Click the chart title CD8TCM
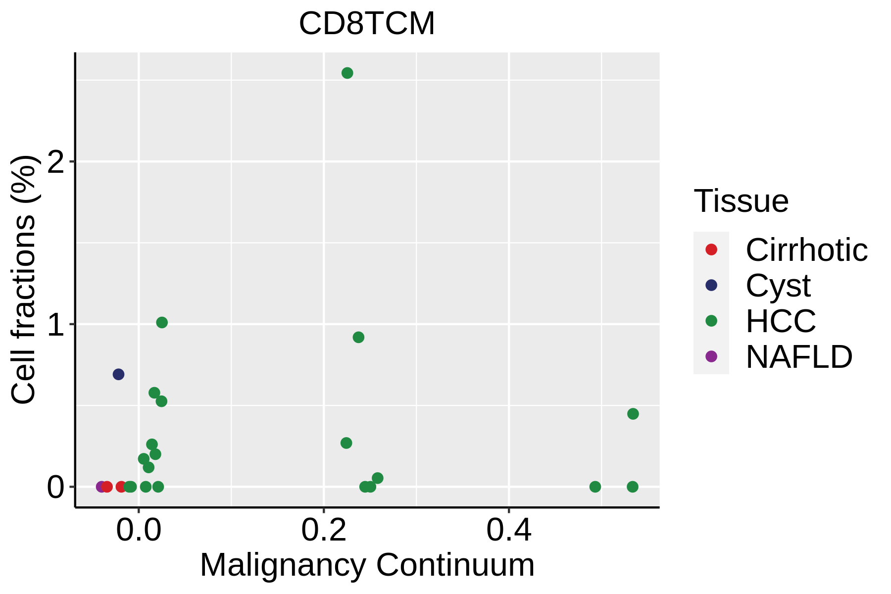coord(367,24)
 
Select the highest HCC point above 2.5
coord(347,73)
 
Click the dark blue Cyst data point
coord(118,374)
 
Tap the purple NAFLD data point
coord(101,487)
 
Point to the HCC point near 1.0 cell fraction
coord(162,323)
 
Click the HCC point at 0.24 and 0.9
coord(358,338)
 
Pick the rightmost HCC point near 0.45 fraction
coord(633,414)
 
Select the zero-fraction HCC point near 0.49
coord(595,487)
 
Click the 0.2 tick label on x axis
coord(324,531)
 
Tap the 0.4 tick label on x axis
coord(509,531)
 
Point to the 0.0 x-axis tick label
coord(139,531)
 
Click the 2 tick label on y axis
coord(56,162)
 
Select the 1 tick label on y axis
coord(56,325)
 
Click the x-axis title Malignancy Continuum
coord(367,565)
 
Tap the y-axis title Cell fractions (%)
coord(24,280)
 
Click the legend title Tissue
coord(741,201)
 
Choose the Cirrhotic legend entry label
coord(806,250)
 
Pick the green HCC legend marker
coord(711,321)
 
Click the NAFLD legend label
coord(799,357)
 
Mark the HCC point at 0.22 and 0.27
coord(346,443)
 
